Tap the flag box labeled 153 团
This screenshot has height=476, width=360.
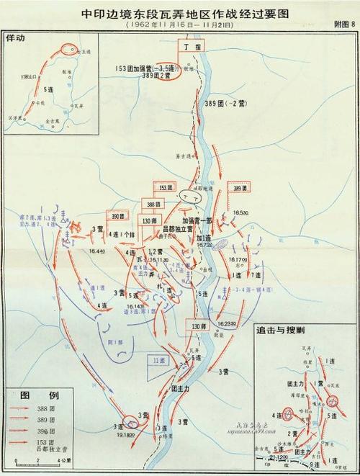(x=166, y=187)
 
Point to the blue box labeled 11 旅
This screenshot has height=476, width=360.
(x=158, y=359)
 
